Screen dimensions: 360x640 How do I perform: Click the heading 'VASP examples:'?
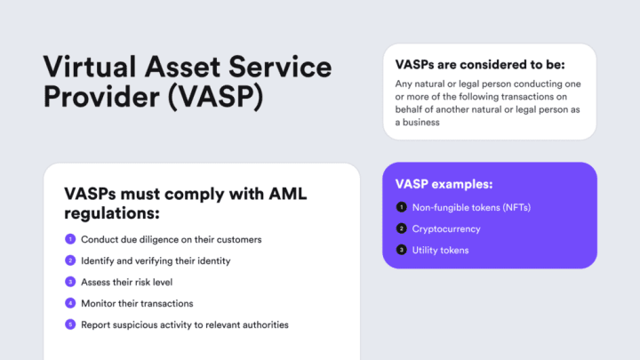444,185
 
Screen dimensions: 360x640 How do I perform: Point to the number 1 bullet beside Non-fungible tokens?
401,208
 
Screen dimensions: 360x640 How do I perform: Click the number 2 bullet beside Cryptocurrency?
401,229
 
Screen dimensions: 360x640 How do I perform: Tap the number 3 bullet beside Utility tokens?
401,251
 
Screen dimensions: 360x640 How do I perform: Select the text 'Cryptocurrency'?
446,229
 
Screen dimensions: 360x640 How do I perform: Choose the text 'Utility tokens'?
440,251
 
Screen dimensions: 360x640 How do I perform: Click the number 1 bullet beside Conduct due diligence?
70,240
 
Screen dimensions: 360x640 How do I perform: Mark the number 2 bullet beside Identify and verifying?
70,260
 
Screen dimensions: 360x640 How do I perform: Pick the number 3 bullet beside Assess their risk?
70,282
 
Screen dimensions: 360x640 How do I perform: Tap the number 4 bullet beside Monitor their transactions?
70,303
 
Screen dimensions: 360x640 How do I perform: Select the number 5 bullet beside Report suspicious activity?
70,324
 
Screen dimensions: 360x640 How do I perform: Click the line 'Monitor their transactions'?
136,303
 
